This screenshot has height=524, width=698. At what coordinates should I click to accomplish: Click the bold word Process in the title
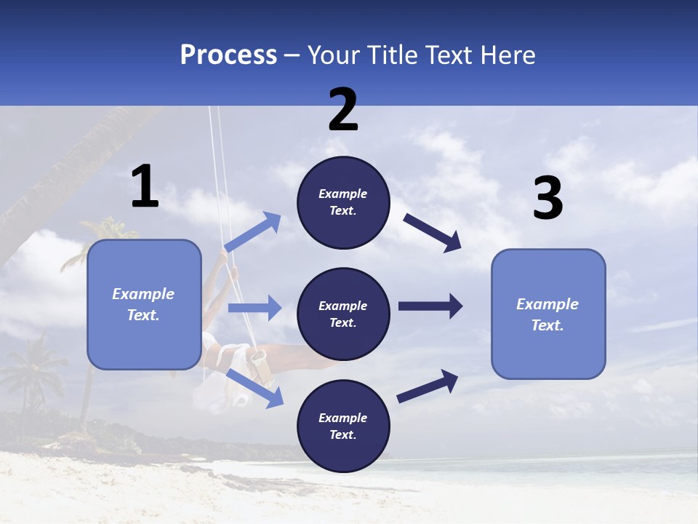pyautogui.click(x=228, y=55)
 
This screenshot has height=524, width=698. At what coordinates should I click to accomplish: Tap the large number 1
pyautogui.click(x=145, y=187)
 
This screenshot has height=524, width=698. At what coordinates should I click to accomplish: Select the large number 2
pyautogui.click(x=343, y=110)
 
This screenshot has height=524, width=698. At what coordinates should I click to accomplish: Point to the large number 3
pyautogui.click(x=548, y=199)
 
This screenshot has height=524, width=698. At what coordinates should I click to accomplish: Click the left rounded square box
pyautogui.click(x=144, y=304)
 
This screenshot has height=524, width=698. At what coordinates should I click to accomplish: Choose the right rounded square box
pyautogui.click(x=548, y=314)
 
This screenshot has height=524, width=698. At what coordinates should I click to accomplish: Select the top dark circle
pyautogui.click(x=343, y=202)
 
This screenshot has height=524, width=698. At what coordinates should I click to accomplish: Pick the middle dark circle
pyautogui.click(x=343, y=314)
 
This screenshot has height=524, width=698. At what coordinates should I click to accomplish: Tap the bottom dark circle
pyautogui.click(x=343, y=426)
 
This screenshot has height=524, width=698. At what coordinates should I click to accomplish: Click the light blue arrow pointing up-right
pyautogui.click(x=253, y=232)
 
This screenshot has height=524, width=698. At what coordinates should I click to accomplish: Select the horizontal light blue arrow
pyautogui.click(x=254, y=308)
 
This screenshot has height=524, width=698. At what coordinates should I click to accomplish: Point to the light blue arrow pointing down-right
pyautogui.click(x=255, y=387)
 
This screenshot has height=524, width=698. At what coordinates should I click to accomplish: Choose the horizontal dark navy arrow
pyautogui.click(x=430, y=306)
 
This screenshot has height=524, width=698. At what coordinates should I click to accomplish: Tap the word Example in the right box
pyautogui.click(x=547, y=304)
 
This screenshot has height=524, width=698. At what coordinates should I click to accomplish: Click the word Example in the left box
pyautogui.click(x=143, y=294)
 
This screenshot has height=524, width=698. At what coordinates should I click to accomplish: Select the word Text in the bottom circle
pyautogui.click(x=342, y=434)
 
